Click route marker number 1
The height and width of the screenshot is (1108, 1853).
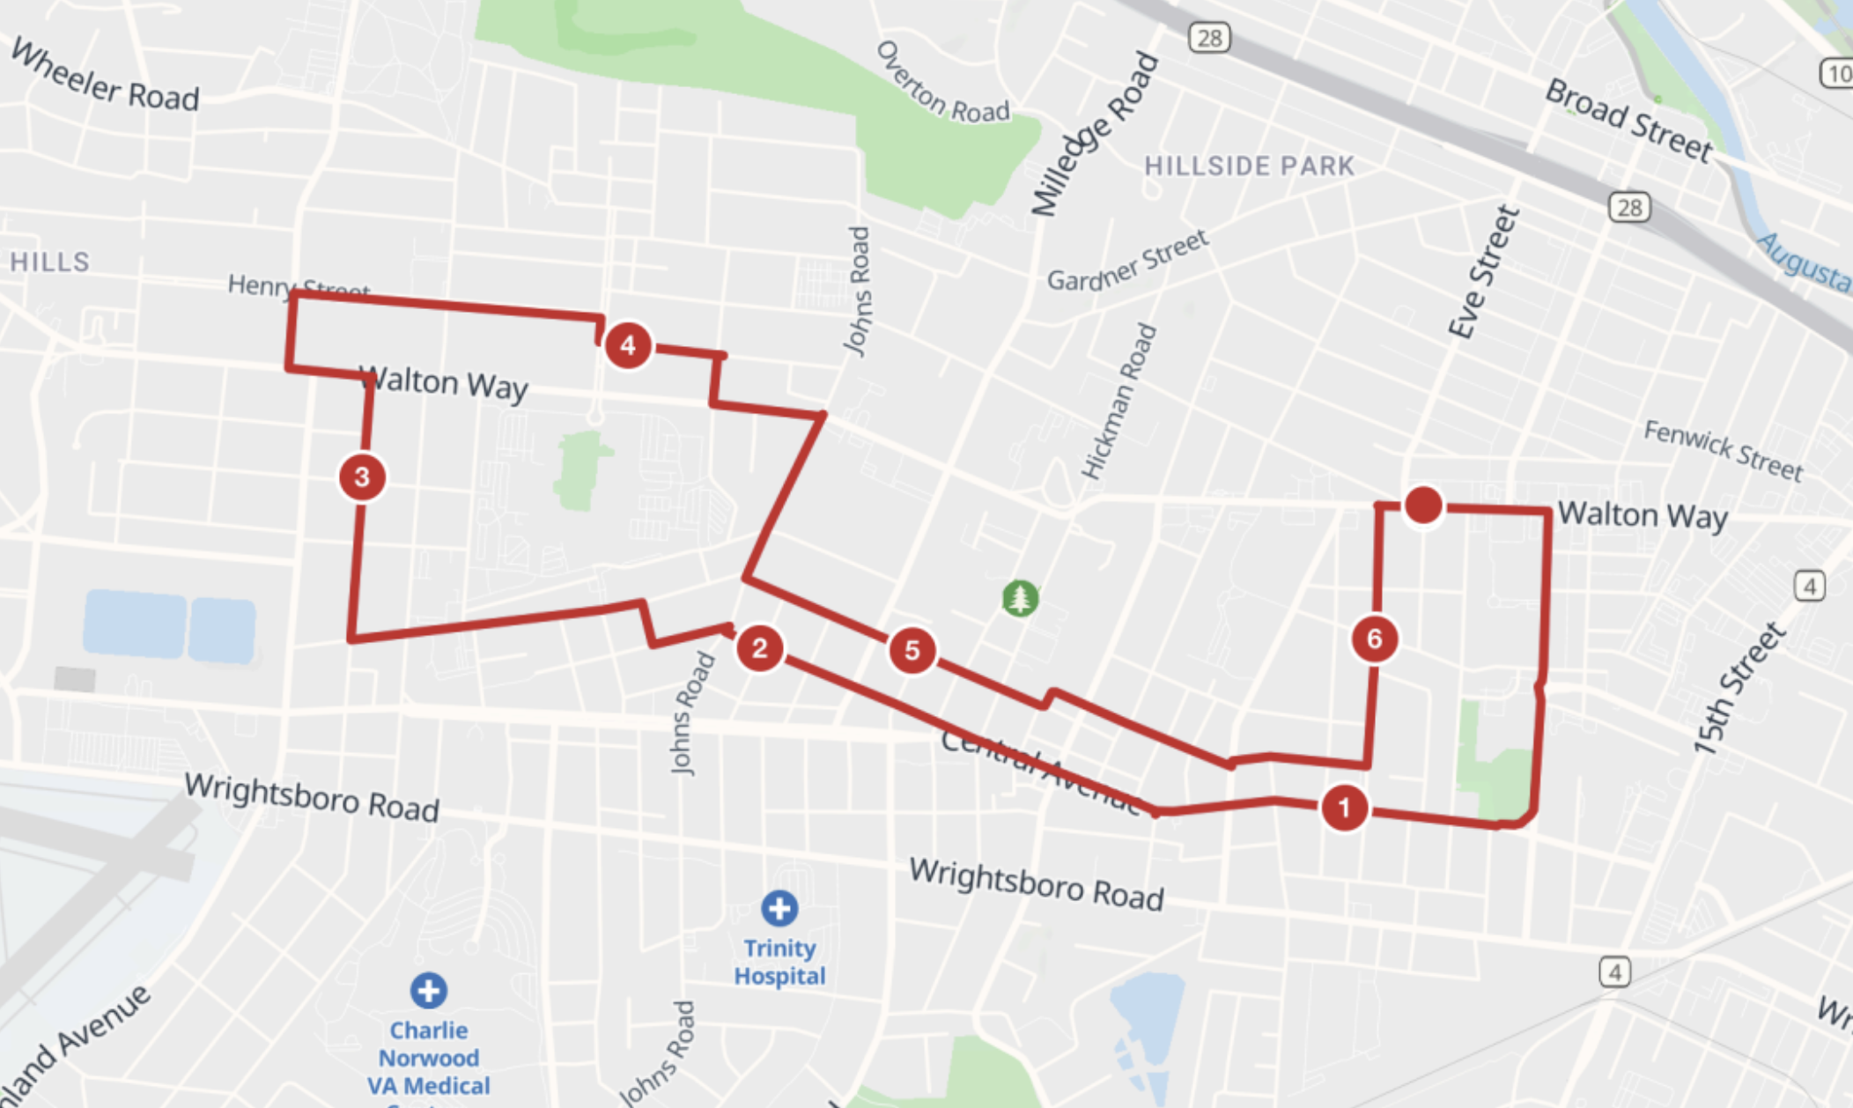(1344, 808)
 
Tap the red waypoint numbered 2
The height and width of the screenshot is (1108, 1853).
(759, 649)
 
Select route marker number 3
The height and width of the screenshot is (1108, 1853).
(362, 477)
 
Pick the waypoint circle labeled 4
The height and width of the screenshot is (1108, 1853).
(628, 345)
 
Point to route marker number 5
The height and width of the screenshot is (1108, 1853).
(912, 651)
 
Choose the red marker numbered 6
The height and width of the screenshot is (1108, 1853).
(1374, 639)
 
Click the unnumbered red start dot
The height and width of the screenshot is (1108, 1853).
(1423, 506)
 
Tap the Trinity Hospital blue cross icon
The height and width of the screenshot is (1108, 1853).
(779, 909)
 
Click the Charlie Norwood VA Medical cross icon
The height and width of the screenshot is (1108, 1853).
(429, 991)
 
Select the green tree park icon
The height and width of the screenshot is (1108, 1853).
(1020, 599)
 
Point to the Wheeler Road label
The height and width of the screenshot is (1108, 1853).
(105, 77)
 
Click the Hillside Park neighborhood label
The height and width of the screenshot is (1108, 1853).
(1249, 166)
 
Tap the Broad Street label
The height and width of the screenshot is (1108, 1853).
(1628, 121)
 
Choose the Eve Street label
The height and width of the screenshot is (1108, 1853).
(1484, 272)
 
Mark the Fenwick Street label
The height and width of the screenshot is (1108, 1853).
(1723, 450)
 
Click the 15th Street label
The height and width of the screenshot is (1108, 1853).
(1739, 689)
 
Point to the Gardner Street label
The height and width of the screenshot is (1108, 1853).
(1127, 261)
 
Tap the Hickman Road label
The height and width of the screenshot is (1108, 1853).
(1119, 402)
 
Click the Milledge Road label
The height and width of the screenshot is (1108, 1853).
(1095, 134)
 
